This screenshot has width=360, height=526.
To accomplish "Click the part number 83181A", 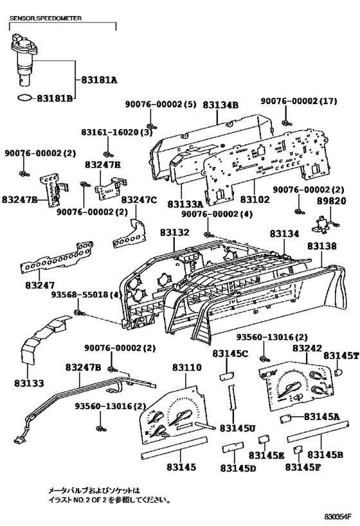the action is [x=100, y=80].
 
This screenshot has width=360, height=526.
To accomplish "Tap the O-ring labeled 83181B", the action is [x=25, y=98].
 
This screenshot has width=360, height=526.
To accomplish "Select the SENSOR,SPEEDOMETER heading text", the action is [x=46, y=18].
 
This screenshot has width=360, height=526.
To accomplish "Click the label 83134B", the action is [x=221, y=105].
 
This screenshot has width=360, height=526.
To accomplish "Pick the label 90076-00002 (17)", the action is [x=299, y=101].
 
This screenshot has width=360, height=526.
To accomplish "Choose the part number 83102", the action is [x=255, y=199].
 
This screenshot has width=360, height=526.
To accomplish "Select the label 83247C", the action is [x=139, y=200].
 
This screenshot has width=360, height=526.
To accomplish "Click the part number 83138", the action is [x=321, y=246].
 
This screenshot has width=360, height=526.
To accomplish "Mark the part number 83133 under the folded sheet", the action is [x=29, y=383].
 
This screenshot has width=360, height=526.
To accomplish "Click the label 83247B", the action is [x=83, y=367].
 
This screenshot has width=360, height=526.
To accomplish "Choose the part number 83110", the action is [x=187, y=367].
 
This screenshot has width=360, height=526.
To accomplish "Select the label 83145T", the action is [x=341, y=355].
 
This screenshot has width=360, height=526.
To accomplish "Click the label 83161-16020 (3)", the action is [x=116, y=132].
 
